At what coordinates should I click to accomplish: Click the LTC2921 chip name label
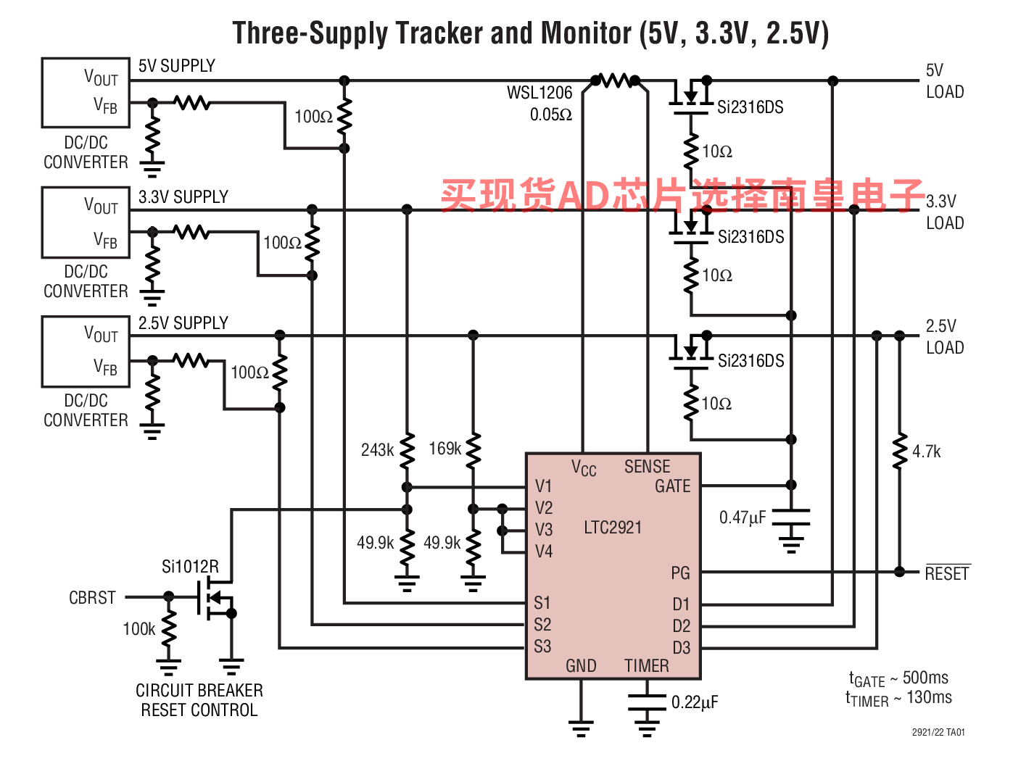pyautogui.click(x=613, y=528)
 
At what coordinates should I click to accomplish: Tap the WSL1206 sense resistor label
pyautogui.click(x=539, y=93)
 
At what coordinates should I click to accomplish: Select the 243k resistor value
pyautogui.click(x=377, y=450)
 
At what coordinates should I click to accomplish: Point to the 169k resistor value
pyautogui.click(x=445, y=449)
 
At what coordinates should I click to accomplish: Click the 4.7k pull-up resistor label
pyautogui.click(x=927, y=452)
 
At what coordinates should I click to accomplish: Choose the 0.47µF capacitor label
pyautogui.click(x=743, y=517)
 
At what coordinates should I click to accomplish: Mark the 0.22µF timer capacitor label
pyautogui.click(x=695, y=702)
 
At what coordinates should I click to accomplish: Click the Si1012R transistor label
pyautogui.click(x=190, y=567)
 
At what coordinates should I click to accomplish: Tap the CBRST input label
pyautogui.click(x=92, y=598)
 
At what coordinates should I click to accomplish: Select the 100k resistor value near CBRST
pyautogui.click(x=138, y=629)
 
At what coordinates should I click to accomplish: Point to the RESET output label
pyautogui.click(x=947, y=574)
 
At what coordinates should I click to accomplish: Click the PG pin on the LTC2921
pyautogui.click(x=680, y=573)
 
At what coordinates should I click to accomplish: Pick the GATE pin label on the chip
pyautogui.click(x=672, y=486)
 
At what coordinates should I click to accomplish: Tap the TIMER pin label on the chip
pyautogui.click(x=646, y=665)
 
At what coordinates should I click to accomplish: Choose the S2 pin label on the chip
pyautogui.click(x=542, y=625)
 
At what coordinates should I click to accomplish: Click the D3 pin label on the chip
pyautogui.click(x=681, y=648)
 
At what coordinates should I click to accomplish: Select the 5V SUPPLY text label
pyautogui.click(x=177, y=66)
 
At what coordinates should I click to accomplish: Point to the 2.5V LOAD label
pyautogui.click(x=944, y=337)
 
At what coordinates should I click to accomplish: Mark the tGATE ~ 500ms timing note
pyautogui.click(x=898, y=679)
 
